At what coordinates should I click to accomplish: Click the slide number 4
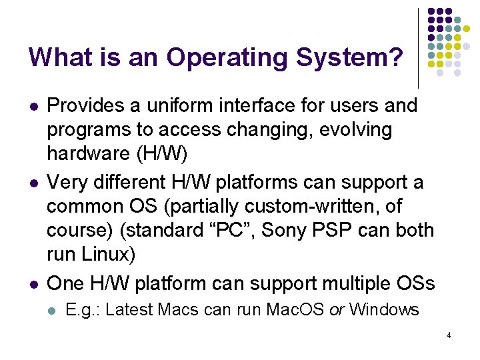pos(449,335)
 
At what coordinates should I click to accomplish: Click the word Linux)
pos(110,255)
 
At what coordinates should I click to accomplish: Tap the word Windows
pos(384,309)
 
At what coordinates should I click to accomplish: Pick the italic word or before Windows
pos(338,309)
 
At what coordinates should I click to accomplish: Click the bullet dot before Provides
pos(32,106)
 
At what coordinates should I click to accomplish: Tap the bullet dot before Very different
pos(32,183)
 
